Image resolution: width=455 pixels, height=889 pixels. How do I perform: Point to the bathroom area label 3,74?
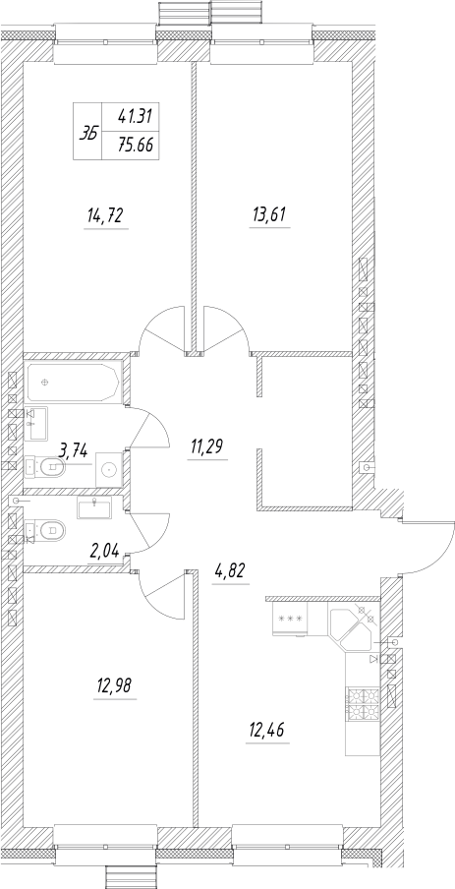click(75, 450)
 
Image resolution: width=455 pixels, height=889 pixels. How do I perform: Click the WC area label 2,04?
click(103, 551)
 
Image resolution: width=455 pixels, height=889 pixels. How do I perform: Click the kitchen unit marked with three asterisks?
click(290, 618)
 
